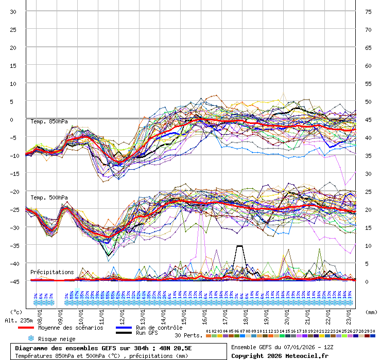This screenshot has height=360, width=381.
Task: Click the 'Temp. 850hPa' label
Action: [49, 122]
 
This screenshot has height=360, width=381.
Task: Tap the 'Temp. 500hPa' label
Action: [49, 197]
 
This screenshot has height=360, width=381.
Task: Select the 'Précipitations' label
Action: [51, 272]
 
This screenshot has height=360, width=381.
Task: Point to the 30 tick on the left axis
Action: [13, 11]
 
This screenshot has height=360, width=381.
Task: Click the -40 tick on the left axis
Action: [13, 263]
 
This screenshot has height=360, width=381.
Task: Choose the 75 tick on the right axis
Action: [368, 11]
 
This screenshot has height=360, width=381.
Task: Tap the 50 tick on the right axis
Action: [368, 101]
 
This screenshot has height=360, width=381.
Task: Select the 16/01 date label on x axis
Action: [204, 313]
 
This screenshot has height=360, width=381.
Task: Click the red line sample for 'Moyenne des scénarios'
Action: [26, 328]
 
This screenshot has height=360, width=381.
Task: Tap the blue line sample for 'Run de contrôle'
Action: [124, 328]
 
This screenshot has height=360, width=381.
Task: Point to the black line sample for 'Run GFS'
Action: [124, 333]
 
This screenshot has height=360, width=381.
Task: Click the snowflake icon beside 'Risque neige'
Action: [31, 339]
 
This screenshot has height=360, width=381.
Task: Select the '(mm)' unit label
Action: [371, 312]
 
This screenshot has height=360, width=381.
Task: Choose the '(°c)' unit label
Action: [16, 312]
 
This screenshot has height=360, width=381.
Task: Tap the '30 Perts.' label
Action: [188, 335]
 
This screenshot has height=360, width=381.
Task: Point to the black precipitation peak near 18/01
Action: [239, 246]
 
